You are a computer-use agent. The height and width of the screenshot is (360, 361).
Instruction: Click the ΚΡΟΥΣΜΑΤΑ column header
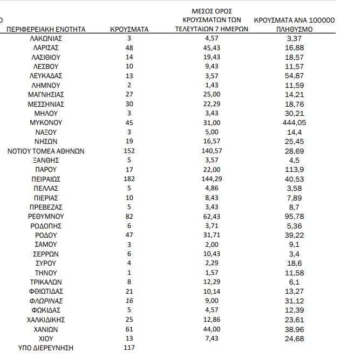(x=129, y=29)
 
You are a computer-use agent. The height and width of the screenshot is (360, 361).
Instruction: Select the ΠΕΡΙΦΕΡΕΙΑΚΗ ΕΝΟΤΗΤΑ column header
(x=46, y=29)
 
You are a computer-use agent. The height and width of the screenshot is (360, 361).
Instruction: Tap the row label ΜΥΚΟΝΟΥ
(x=46, y=123)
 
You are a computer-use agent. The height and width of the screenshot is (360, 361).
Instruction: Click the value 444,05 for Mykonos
(x=294, y=123)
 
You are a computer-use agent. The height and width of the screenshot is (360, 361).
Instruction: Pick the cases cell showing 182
(x=129, y=178)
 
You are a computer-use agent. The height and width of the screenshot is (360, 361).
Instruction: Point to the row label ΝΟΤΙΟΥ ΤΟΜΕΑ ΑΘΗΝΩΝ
(x=46, y=151)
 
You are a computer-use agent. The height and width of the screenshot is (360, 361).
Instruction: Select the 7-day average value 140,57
(x=211, y=151)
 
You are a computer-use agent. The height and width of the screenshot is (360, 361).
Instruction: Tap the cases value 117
(x=129, y=348)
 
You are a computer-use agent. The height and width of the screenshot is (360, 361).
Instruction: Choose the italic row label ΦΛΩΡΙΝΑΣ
(x=46, y=301)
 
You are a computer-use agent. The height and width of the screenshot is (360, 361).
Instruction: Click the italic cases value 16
(x=129, y=301)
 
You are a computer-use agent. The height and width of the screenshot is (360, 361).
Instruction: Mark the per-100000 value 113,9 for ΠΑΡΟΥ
(x=294, y=169)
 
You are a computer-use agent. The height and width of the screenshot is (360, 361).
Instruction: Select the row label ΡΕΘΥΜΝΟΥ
(x=46, y=216)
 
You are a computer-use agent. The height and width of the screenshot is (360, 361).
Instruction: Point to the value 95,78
(x=294, y=216)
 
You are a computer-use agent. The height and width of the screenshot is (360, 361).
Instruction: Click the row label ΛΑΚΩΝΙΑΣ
(x=46, y=38)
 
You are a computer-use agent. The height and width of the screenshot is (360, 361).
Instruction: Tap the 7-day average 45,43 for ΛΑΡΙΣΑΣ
(x=211, y=48)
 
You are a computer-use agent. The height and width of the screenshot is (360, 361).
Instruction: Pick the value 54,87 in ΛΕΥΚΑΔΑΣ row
(x=294, y=76)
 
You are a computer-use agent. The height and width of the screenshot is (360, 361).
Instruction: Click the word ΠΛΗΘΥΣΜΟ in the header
(x=294, y=29)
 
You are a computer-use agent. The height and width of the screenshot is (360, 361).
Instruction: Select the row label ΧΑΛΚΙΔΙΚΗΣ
(x=46, y=320)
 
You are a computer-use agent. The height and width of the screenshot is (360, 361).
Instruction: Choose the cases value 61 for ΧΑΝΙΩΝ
(x=129, y=329)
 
